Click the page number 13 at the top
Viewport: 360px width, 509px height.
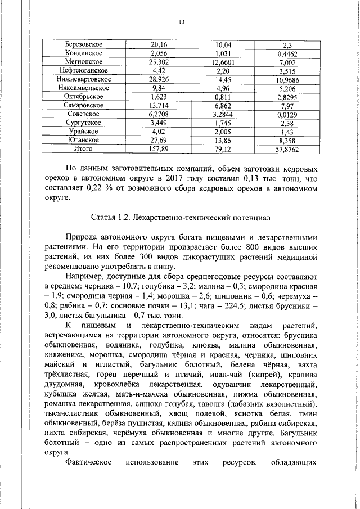181,22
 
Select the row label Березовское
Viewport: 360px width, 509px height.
83,44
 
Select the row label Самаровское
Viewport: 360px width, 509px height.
83,105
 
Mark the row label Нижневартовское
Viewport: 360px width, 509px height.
83,79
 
